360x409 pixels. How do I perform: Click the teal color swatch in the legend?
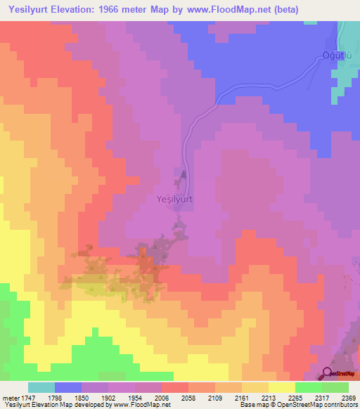coord(41,387)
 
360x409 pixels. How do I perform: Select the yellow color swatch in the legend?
coord(282,387)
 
